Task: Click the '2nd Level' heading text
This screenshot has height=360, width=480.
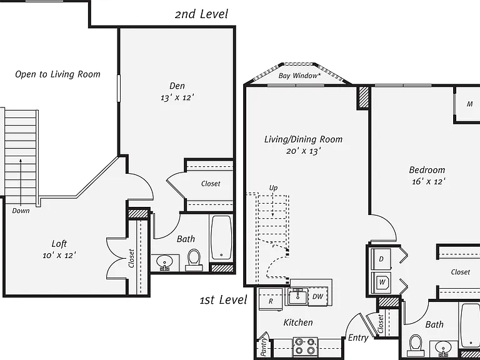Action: click(x=201, y=14)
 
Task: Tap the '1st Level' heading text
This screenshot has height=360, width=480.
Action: click(x=223, y=300)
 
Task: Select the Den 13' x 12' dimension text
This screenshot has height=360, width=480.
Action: click(x=177, y=97)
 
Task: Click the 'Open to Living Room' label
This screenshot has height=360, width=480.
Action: click(x=57, y=74)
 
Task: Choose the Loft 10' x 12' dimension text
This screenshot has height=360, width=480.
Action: click(x=59, y=255)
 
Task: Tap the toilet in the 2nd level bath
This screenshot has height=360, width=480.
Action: click(x=194, y=260)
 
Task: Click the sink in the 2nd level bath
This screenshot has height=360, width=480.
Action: click(x=164, y=262)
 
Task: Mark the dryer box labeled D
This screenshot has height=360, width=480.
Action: click(x=381, y=259)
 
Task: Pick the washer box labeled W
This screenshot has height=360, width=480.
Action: click(x=381, y=282)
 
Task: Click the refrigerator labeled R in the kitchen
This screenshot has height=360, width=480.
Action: click(x=270, y=299)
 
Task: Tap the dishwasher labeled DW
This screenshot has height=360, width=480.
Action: click(x=317, y=296)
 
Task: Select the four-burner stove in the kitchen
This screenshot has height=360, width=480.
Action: click(x=306, y=346)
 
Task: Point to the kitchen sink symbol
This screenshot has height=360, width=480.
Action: click(x=297, y=296)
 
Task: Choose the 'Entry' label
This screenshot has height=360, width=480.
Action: click(x=358, y=337)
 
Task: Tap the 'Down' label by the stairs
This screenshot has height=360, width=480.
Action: click(x=21, y=211)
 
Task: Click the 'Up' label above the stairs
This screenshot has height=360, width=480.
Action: click(x=273, y=188)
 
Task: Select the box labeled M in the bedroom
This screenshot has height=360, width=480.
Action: click(x=467, y=105)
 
